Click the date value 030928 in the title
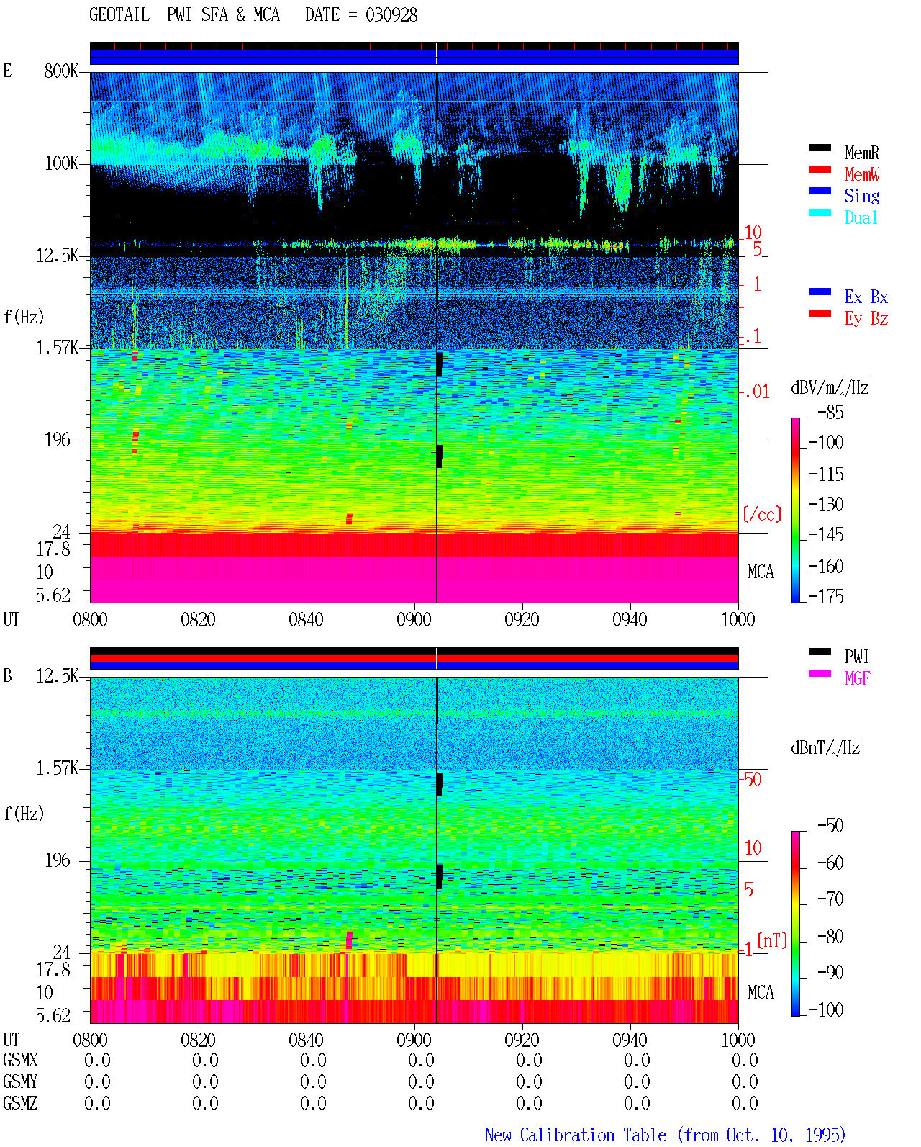[x=391, y=15]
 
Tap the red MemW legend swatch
[x=820, y=169]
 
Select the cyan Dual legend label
[x=861, y=217]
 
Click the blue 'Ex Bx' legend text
[x=866, y=297]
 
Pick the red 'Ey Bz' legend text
[x=866, y=319]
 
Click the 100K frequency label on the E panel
[x=61, y=163]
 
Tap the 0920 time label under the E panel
[x=522, y=620]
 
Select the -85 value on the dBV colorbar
[x=830, y=412]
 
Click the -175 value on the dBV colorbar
[x=826, y=596]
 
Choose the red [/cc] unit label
[x=762, y=514]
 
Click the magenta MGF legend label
[x=857, y=678]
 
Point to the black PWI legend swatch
[x=820, y=652]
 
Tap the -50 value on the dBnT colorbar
[x=830, y=826]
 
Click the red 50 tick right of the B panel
[x=753, y=780]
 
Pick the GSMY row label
[x=20, y=1081]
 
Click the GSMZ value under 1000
[x=745, y=1103]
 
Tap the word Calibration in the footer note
[x=593, y=1135]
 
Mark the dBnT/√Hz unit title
[x=826, y=747]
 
